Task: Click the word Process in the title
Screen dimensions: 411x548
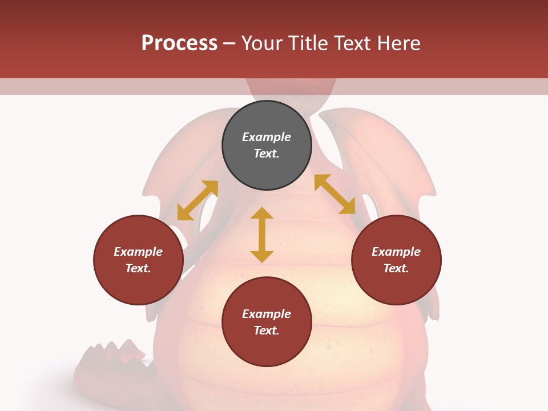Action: click(179, 43)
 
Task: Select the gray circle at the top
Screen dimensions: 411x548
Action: click(267, 146)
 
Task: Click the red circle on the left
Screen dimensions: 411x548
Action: click(138, 260)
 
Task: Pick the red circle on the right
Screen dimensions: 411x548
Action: click(396, 260)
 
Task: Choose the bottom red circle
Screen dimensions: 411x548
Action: click(267, 322)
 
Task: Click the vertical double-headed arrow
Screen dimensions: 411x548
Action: click(262, 235)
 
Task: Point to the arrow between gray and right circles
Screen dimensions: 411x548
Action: click(335, 194)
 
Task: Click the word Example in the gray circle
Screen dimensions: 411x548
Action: click(267, 137)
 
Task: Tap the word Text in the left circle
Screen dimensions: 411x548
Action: click(138, 268)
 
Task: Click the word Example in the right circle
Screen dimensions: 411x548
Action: click(396, 252)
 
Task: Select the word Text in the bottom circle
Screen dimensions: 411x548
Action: click(267, 331)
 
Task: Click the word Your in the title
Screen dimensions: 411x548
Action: click(263, 43)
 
